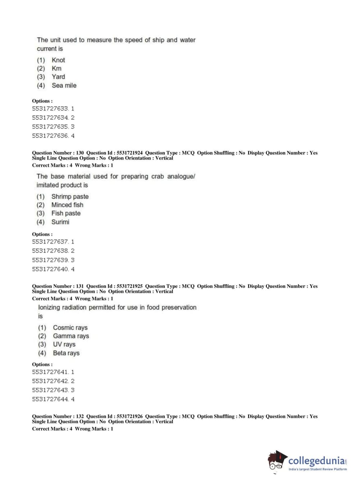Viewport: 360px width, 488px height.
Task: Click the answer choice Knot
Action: coord(58,60)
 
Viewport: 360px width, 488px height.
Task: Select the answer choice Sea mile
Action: coord(64,85)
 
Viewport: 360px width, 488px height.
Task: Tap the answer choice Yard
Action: coord(58,77)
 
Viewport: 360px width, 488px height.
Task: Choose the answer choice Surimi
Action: coord(60,222)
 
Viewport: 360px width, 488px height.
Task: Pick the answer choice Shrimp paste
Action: coord(70,196)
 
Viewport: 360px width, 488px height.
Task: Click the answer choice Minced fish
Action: coord(67,205)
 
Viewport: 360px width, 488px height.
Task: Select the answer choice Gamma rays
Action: coord(71,336)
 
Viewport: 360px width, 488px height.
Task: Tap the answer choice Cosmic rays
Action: coord(70,327)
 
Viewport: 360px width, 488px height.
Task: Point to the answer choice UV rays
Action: coord(64,344)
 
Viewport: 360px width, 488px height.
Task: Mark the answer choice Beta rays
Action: coord(66,353)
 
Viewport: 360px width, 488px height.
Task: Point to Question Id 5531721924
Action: coord(129,153)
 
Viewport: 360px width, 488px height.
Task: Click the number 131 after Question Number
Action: coord(80,286)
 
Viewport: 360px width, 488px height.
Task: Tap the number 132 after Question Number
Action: coord(80,416)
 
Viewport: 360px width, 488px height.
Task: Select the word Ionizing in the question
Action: coord(49,307)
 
